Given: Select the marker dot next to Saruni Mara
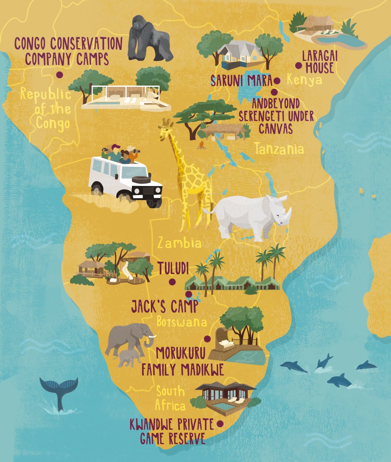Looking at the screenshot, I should (x=277, y=81).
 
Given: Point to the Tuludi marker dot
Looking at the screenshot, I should (x=172, y=282).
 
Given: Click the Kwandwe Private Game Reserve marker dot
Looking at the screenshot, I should (x=220, y=424).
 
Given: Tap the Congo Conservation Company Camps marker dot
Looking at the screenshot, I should (x=60, y=75).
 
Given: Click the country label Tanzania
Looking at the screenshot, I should (x=279, y=149).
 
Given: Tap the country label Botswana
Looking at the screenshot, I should (x=181, y=322).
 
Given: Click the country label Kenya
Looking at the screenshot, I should (x=304, y=80).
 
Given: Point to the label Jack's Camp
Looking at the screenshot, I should (x=164, y=306).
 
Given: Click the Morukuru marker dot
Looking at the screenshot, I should (x=207, y=339).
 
